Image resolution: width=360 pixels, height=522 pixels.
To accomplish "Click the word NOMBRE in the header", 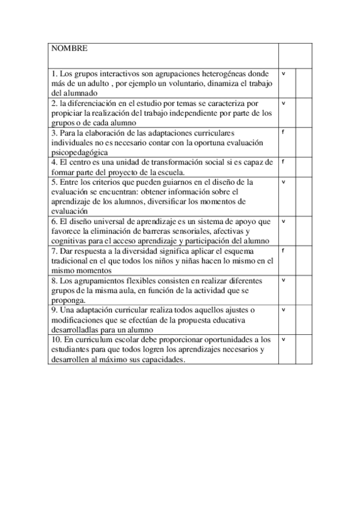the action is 69,48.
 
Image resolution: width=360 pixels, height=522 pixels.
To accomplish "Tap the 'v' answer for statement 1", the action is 284,73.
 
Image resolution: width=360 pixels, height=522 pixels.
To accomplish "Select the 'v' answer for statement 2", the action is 284,103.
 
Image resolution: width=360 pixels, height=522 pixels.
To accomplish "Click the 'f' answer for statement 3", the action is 283,132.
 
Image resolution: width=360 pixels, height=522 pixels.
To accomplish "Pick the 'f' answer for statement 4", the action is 283,161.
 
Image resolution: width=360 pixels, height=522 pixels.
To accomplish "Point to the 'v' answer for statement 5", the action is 284,182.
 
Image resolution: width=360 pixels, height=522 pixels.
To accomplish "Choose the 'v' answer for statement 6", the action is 284,221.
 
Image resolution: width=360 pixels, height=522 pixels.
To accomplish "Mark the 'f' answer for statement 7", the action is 283,251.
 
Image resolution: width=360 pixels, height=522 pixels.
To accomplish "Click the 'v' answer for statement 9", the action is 284,310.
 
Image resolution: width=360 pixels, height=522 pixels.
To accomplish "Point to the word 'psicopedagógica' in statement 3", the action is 79,151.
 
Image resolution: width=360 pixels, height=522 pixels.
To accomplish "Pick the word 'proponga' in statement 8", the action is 67,300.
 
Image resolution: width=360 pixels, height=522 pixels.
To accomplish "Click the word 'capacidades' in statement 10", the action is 163,359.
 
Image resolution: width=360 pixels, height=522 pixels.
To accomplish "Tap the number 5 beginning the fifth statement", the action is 54,182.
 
